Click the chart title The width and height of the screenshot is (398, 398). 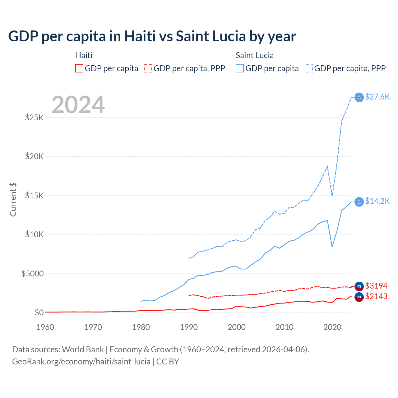click(x=152, y=36)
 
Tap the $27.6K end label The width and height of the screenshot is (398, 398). click(x=377, y=97)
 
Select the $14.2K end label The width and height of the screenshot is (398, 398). click(x=377, y=201)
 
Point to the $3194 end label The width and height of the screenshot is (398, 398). click(x=376, y=286)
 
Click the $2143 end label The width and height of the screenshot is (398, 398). click(x=376, y=296)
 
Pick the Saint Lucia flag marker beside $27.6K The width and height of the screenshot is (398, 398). click(x=359, y=97)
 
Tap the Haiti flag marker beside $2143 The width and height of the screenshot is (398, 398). click(x=359, y=297)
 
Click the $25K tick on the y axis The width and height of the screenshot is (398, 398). click(x=35, y=118)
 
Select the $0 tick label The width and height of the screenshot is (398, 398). click(x=39, y=312)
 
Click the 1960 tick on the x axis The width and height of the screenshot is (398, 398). click(x=45, y=327)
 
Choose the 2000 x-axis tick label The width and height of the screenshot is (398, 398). click(x=237, y=327)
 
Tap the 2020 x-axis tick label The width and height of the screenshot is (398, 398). click(x=332, y=327)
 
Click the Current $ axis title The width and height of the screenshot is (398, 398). click(x=13, y=200)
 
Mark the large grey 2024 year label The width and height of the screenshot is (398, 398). click(x=78, y=105)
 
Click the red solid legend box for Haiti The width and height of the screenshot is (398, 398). click(x=79, y=68)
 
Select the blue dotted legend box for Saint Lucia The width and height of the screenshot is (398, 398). click(x=309, y=68)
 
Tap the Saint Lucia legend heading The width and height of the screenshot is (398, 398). click(x=255, y=55)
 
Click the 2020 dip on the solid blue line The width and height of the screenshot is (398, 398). click(x=332, y=247)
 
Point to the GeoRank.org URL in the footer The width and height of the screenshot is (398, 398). click(x=81, y=362)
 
